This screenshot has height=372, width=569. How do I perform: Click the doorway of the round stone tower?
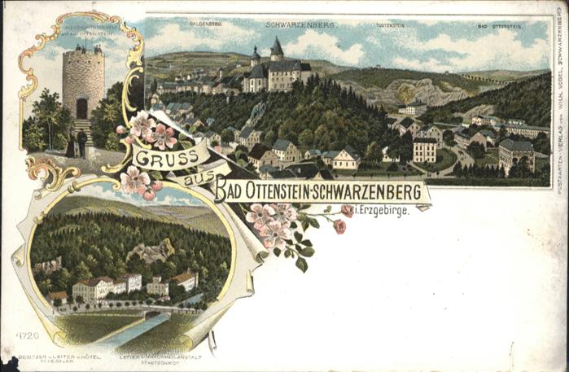pyautogui.click(x=81, y=107)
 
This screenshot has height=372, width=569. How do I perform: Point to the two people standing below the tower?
pyautogui.click(x=76, y=144)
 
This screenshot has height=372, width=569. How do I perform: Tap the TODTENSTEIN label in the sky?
pyautogui.click(x=390, y=26)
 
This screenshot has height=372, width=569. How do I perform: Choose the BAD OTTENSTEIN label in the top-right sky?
pyautogui.click(x=494, y=26)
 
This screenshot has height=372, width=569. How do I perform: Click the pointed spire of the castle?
pyautogui.click(x=277, y=46)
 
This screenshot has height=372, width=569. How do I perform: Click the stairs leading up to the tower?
pyautogui.click(x=81, y=127)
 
